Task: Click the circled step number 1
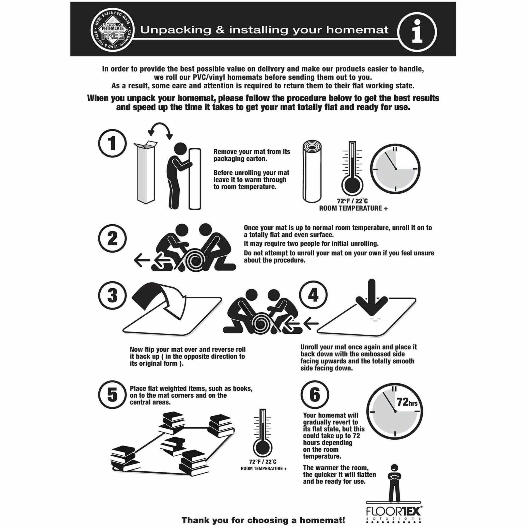point(112,143)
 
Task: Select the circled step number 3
point(112,295)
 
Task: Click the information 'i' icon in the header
point(417,32)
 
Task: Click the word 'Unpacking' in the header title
point(176,30)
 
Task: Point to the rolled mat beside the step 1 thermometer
point(312,172)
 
